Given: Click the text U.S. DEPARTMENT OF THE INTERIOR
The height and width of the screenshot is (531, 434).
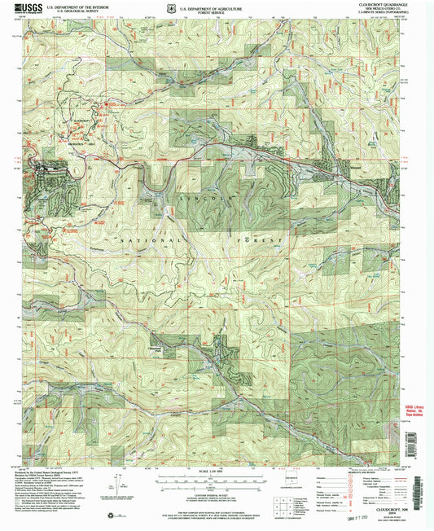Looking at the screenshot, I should [x=78, y=5].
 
